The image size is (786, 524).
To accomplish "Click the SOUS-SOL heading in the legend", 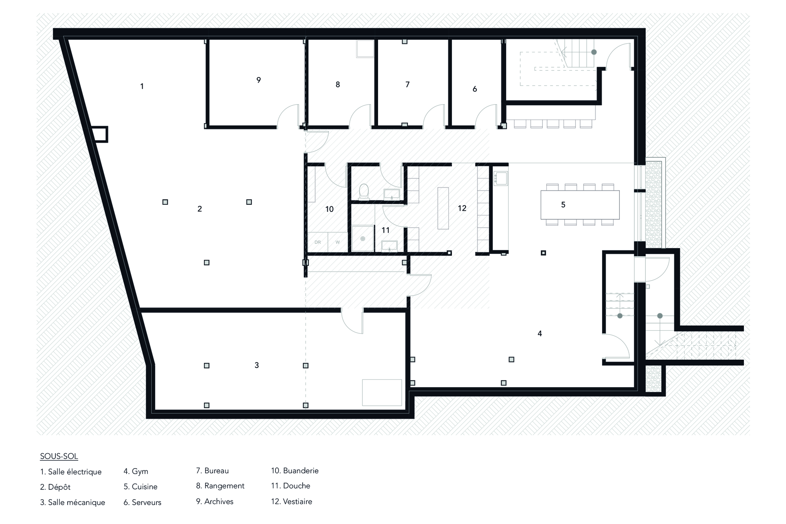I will tap(59, 456).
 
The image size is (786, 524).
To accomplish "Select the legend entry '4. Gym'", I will tap(136, 471).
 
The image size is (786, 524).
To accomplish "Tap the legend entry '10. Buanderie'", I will tap(295, 471).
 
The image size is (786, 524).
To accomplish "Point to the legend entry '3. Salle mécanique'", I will tap(73, 502).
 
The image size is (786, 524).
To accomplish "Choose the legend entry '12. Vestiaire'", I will tap(292, 502).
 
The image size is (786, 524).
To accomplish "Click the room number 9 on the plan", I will tap(259, 80).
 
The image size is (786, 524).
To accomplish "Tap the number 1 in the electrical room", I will tap(142, 86).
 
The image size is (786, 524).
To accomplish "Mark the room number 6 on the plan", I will tap(475, 89).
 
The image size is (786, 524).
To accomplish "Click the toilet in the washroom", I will tap(364, 192).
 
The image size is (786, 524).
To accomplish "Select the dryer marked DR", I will tap(318, 242).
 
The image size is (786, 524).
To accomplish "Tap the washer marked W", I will tap(338, 242).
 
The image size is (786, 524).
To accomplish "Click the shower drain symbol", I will tap(362, 239).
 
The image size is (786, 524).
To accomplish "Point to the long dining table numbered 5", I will tap(580, 204).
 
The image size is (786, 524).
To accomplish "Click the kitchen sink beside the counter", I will tap(501, 178).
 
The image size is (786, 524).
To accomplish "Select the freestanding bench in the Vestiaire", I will tap(443, 208).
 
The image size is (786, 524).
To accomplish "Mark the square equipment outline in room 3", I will tap(382, 392).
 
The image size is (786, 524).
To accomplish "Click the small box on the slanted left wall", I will tap(100, 134).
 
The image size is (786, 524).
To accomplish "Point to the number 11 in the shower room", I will tap(386, 230).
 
